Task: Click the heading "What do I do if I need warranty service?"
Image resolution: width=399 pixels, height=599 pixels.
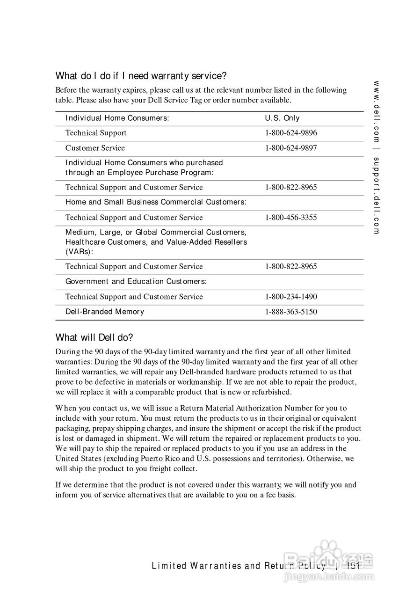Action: click(x=141, y=75)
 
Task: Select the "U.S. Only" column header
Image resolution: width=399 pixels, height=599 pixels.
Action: click(x=282, y=118)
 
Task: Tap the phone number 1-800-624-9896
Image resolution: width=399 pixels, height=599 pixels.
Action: click(x=290, y=133)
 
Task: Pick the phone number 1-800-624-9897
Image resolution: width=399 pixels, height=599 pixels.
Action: click(x=290, y=148)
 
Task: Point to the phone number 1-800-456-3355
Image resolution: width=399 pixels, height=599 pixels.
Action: click(x=290, y=218)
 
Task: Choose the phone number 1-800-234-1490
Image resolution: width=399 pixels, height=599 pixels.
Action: click(x=290, y=297)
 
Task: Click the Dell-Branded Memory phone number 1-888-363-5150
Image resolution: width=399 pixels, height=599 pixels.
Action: click(x=290, y=312)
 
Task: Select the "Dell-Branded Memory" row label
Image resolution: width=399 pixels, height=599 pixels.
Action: click(x=105, y=312)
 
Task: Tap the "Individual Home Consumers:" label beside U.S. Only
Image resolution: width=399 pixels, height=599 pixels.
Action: click(x=117, y=118)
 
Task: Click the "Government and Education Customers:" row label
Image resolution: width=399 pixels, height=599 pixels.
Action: click(x=136, y=281)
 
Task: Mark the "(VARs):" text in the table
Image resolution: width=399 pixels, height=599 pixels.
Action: click(x=79, y=252)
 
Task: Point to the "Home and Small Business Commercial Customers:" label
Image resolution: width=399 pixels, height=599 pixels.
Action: click(x=156, y=202)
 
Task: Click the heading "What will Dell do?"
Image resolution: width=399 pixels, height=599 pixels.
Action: click(x=94, y=337)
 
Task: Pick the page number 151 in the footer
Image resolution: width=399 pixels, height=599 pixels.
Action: click(x=354, y=566)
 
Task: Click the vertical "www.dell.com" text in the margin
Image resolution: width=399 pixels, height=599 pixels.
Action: click(x=377, y=112)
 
